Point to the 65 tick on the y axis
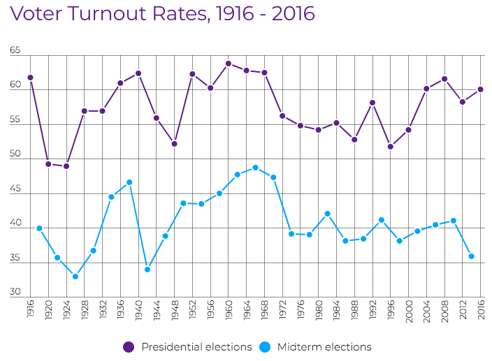pyautogui.click(x=15, y=52)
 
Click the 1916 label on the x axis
pyautogui.click(x=31, y=309)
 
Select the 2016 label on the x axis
pyautogui.click(x=482, y=309)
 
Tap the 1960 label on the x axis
pyautogui.click(x=229, y=309)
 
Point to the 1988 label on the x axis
pyautogui.click(x=355, y=309)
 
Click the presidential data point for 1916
pyautogui.click(x=30, y=78)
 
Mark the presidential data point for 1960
pyautogui.click(x=229, y=64)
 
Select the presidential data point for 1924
pyautogui.click(x=66, y=166)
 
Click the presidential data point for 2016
pyautogui.click(x=481, y=89)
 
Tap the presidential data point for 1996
pyautogui.click(x=391, y=147)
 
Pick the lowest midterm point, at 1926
pyautogui.click(x=75, y=277)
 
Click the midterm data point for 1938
pyautogui.click(x=129, y=182)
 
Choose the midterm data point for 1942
pyautogui.click(x=147, y=270)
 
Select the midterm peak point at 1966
pyautogui.click(x=256, y=168)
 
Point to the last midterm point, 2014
pyautogui.click(x=472, y=256)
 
